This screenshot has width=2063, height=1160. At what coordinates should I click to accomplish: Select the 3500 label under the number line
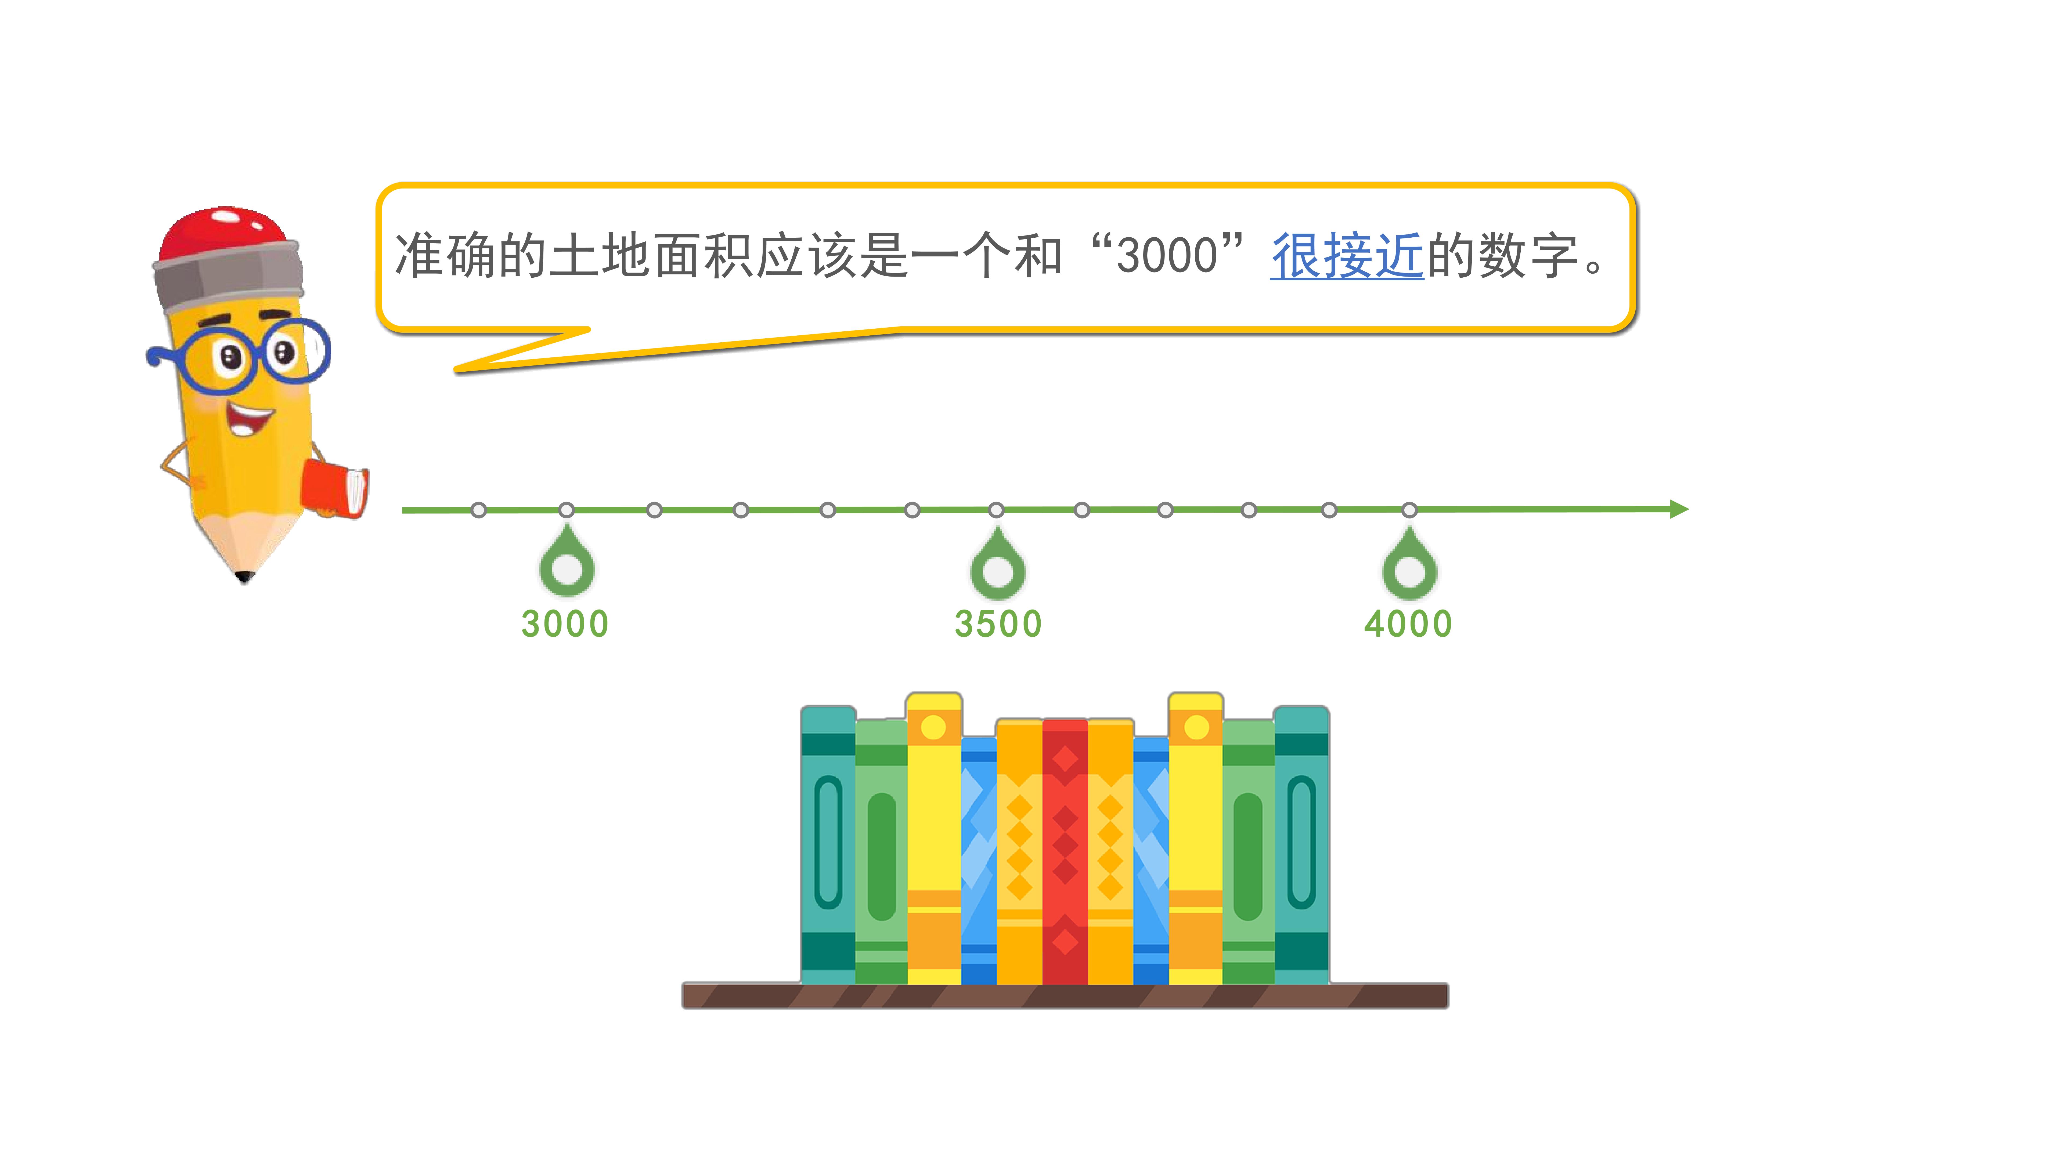(x=998, y=624)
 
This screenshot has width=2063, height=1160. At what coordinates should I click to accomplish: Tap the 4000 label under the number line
(x=1408, y=624)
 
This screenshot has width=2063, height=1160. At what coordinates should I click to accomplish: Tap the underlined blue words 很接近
(x=1347, y=256)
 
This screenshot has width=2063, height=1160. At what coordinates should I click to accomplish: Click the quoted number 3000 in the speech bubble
(x=1167, y=256)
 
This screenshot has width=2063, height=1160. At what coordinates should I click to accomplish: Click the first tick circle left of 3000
(x=479, y=510)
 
